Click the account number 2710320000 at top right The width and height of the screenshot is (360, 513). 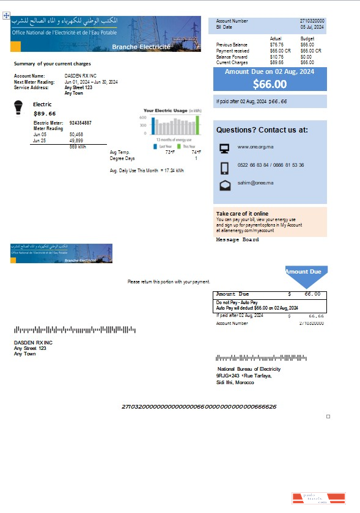point(312,21)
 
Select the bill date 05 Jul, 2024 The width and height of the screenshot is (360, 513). point(312,27)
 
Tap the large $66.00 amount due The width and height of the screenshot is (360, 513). point(270,84)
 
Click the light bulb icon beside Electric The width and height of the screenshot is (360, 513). point(19,107)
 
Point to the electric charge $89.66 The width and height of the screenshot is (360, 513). point(45,114)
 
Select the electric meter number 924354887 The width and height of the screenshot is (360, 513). point(81,123)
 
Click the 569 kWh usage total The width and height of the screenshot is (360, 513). point(78,147)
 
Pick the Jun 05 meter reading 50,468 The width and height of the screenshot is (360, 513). point(76,134)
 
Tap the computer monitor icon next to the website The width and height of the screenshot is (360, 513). point(224,147)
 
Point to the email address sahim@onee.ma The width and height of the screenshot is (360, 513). point(255,183)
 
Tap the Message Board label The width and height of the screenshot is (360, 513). point(237,240)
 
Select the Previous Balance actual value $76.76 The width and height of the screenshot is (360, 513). point(277,45)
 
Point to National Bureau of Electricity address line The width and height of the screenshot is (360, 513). point(249,369)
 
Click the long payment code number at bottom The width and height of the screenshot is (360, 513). point(199,406)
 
